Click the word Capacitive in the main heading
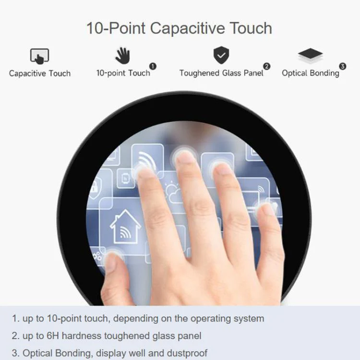coord(187,28)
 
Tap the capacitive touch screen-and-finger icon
coord(39,56)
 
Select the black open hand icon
coord(123,56)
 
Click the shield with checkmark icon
coord(221,55)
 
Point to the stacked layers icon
coord(311,55)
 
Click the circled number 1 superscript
coord(153,66)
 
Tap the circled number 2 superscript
coord(266,66)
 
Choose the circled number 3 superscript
coord(343,66)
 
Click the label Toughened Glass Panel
coord(221,73)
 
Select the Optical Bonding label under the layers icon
coord(311,73)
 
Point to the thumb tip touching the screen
coord(112,259)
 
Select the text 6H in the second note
coord(53,336)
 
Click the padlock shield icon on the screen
coord(95,188)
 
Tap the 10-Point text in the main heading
coord(116,28)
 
